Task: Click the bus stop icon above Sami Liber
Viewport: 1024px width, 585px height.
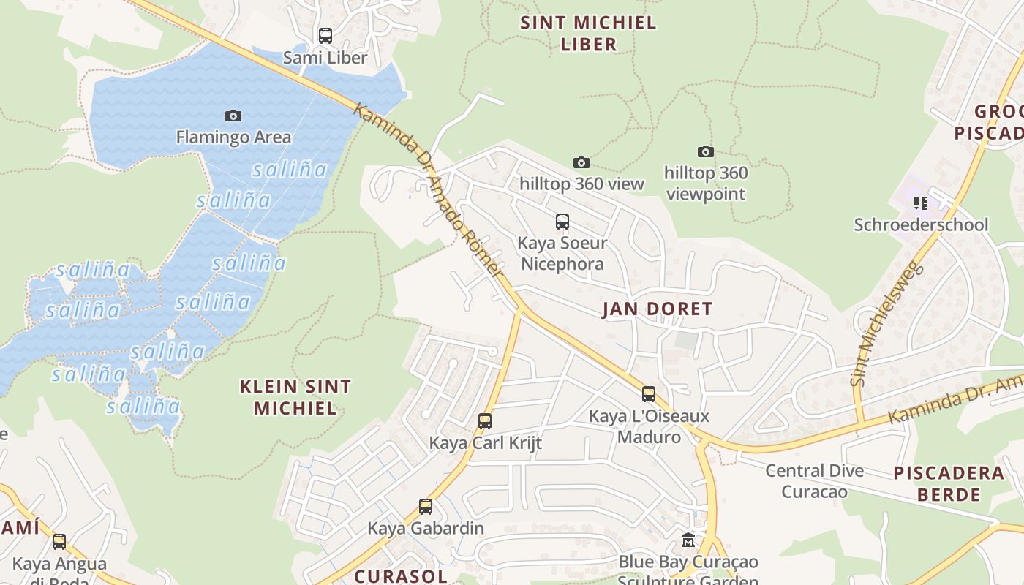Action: tap(325, 35)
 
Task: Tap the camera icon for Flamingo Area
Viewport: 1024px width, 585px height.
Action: tap(233, 116)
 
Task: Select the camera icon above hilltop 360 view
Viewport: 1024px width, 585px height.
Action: tap(581, 162)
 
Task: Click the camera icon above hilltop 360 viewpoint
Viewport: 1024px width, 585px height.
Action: tap(705, 151)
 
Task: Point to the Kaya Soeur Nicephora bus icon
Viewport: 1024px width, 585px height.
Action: tap(562, 221)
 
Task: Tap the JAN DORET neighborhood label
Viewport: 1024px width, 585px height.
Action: tap(657, 309)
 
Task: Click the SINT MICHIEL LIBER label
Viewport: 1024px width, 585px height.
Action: tap(588, 34)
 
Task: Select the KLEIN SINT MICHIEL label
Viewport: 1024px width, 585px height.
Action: tap(295, 397)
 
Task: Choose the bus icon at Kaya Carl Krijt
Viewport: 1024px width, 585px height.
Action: tap(484, 420)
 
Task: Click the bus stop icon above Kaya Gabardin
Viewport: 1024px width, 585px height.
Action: tap(425, 506)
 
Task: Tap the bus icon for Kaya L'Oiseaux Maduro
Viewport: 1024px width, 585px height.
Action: tap(648, 394)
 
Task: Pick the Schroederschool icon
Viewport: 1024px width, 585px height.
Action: tap(920, 203)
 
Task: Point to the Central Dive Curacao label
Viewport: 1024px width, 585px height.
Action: tap(814, 480)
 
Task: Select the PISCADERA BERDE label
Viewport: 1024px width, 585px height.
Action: tap(949, 483)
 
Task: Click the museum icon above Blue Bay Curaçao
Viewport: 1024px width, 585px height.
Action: tap(688, 540)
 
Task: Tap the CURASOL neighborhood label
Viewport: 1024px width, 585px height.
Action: tap(400, 575)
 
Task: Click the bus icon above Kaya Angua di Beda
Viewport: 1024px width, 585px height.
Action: tap(59, 542)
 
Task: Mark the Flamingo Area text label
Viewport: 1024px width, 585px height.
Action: tap(233, 137)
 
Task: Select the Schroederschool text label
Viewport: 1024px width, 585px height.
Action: tap(921, 224)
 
